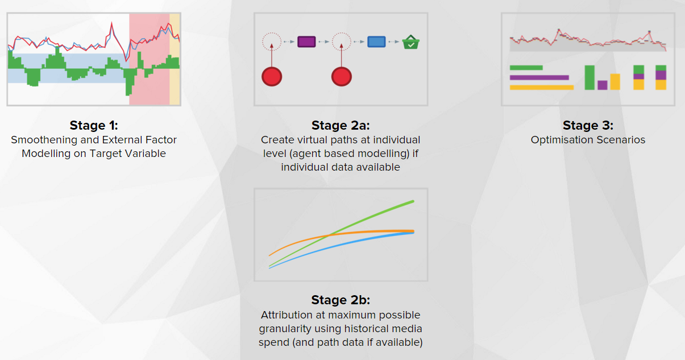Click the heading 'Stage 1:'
tap(94, 126)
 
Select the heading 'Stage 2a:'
tap(341, 126)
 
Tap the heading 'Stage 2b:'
tap(341, 300)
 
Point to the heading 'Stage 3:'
tap(588, 126)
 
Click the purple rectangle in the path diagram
tap(306, 42)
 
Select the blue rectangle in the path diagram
tap(376, 42)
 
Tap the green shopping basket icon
tap(410, 42)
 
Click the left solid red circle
tap(272, 76)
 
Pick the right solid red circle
tap(342, 76)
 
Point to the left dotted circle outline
tap(272, 33)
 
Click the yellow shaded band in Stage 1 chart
tap(175, 59)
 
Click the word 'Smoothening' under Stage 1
tap(44, 140)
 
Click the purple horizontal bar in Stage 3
tap(539, 78)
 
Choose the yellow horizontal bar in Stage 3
tap(542, 88)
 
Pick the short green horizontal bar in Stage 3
tap(526, 68)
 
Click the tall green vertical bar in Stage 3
tap(589, 77)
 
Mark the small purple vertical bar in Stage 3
tap(603, 85)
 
